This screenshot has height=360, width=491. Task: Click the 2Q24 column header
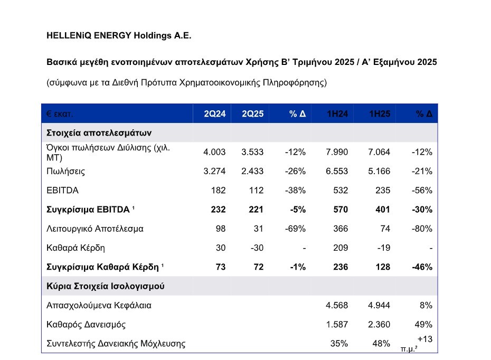pyautogui.click(x=214, y=113)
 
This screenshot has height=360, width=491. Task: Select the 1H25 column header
pyautogui.click(x=380, y=113)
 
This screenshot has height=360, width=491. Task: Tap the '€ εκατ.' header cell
pyautogui.click(x=60, y=113)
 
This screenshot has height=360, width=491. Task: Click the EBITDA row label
pyautogui.click(x=62, y=191)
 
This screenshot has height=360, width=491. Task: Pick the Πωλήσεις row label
pyautogui.click(x=65, y=171)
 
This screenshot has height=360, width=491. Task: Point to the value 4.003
pyautogui.click(x=214, y=152)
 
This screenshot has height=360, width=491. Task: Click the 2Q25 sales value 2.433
pyautogui.click(x=252, y=171)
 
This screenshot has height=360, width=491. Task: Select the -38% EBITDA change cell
pyautogui.click(x=295, y=191)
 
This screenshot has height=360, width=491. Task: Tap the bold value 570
pyautogui.click(x=341, y=210)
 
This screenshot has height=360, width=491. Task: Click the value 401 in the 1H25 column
pyautogui.click(x=383, y=210)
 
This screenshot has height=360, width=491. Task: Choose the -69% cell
pyautogui.click(x=295, y=229)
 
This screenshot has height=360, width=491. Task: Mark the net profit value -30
pyautogui.click(x=257, y=248)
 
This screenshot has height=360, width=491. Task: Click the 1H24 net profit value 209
pyautogui.click(x=341, y=248)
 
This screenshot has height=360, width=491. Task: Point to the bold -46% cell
pyautogui.click(x=422, y=267)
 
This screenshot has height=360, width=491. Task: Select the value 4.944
pyautogui.click(x=379, y=305)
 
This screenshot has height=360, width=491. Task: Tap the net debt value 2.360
pyautogui.click(x=379, y=324)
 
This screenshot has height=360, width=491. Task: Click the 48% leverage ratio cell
pyautogui.click(x=381, y=344)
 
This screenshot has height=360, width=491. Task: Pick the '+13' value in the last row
pyautogui.click(x=425, y=339)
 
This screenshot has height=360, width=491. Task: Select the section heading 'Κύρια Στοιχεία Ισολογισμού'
pyautogui.click(x=105, y=286)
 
